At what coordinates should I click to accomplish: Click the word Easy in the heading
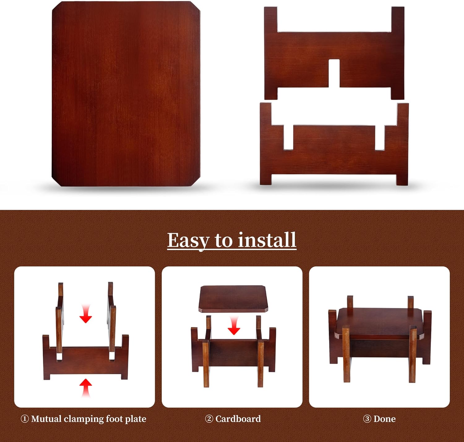pos(188,241)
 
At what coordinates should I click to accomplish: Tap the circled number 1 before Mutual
pos(25,419)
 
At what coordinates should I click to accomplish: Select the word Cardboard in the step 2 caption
pos(238,419)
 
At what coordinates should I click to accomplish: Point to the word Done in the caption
pos(385,419)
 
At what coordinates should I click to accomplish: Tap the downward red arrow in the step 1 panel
pos(85,314)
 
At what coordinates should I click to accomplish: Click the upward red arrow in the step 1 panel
pos(85,388)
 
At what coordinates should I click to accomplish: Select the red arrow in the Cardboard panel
pos(234,326)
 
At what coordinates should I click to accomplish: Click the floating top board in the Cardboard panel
pos(234,298)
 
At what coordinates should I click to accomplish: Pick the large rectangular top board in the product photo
pos(126,94)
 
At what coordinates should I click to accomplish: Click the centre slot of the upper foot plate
pos(334,73)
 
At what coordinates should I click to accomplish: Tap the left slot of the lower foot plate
pos(288,138)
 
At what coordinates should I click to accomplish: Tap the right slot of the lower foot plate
pos(380,138)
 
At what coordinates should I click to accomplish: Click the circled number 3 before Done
pos(367,419)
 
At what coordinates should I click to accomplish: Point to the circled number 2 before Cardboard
pos(209,419)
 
